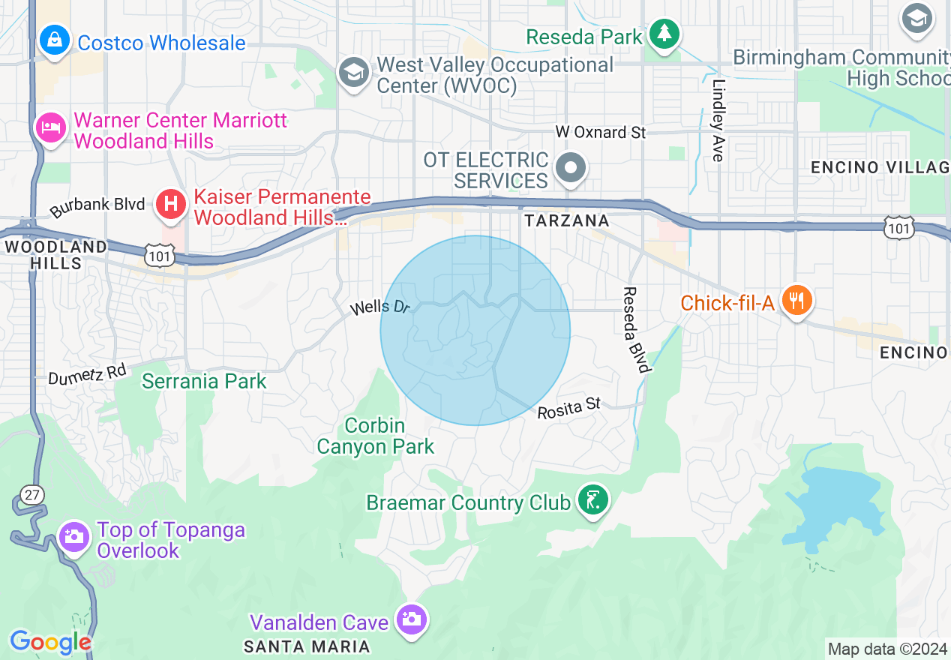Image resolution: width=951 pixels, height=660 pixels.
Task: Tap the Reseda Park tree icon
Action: tap(664, 34)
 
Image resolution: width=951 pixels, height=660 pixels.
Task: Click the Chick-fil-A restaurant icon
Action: tap(796, 301)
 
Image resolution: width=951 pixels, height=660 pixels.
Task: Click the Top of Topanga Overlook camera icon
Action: tap(74, 537)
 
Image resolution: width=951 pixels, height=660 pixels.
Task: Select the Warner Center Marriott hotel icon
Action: tap(50, 127)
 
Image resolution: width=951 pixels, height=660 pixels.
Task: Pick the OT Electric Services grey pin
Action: tap(571, 169)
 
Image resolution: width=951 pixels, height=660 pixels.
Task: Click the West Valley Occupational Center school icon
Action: tap(352, 73)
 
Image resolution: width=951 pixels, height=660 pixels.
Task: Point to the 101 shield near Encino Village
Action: tap(899, 229)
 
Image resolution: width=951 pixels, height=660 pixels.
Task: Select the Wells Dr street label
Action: tap(381, 307)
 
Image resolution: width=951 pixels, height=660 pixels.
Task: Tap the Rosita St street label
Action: tap(569, 408)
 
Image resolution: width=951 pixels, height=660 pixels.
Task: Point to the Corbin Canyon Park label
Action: tap(375, 436)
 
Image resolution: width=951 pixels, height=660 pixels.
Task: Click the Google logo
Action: tap(49, 643)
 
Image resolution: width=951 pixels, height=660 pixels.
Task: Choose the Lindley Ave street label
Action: tap(718, 120)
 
